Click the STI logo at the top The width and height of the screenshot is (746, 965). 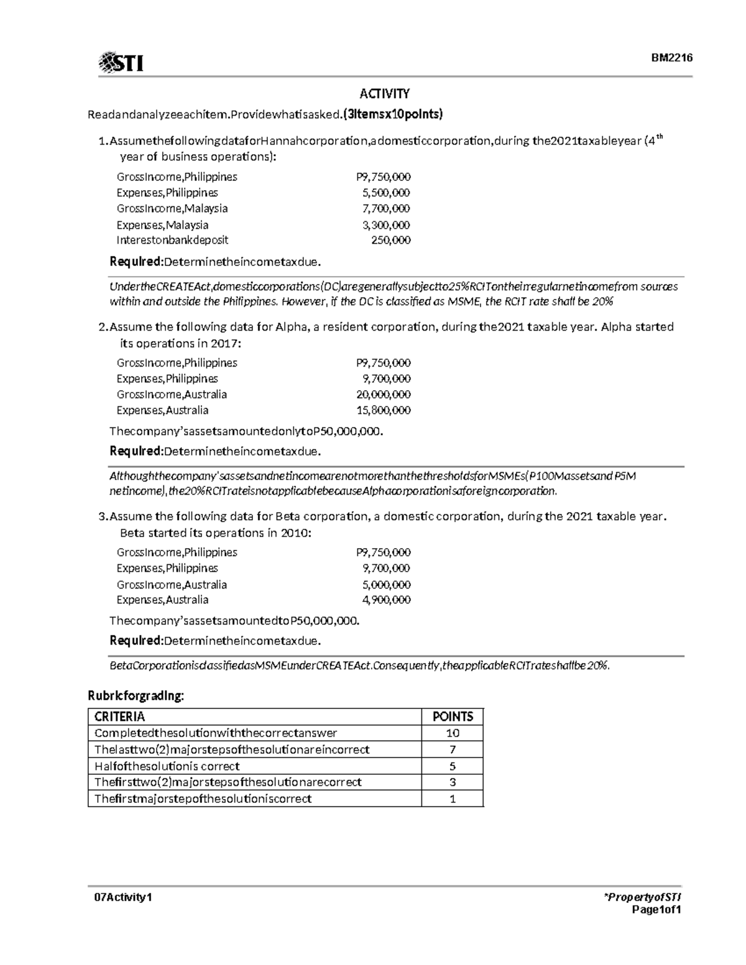point(121,62)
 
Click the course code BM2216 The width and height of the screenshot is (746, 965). point(671,58)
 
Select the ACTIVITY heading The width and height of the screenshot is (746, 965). point(385,94)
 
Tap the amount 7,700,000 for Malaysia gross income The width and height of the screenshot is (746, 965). point(386,209)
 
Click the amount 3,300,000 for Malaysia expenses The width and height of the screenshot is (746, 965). point(386,225)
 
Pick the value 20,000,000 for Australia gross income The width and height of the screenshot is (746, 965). point(383,395)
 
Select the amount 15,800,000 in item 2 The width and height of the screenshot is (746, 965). point(383,410)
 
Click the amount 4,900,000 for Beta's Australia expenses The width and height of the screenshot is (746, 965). point(386,600)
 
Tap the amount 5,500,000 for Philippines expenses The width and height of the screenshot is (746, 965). point(386,193)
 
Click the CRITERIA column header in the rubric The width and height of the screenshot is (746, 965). point(119,716)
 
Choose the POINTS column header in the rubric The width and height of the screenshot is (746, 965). point(453,716)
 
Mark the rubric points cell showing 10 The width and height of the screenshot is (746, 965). point(453,733)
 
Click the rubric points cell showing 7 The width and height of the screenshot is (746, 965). point(453,749)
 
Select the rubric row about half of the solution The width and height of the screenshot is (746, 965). point(167,766)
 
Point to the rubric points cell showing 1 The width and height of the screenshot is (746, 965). point(453,798)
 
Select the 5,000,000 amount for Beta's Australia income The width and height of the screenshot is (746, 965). point(386,585)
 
